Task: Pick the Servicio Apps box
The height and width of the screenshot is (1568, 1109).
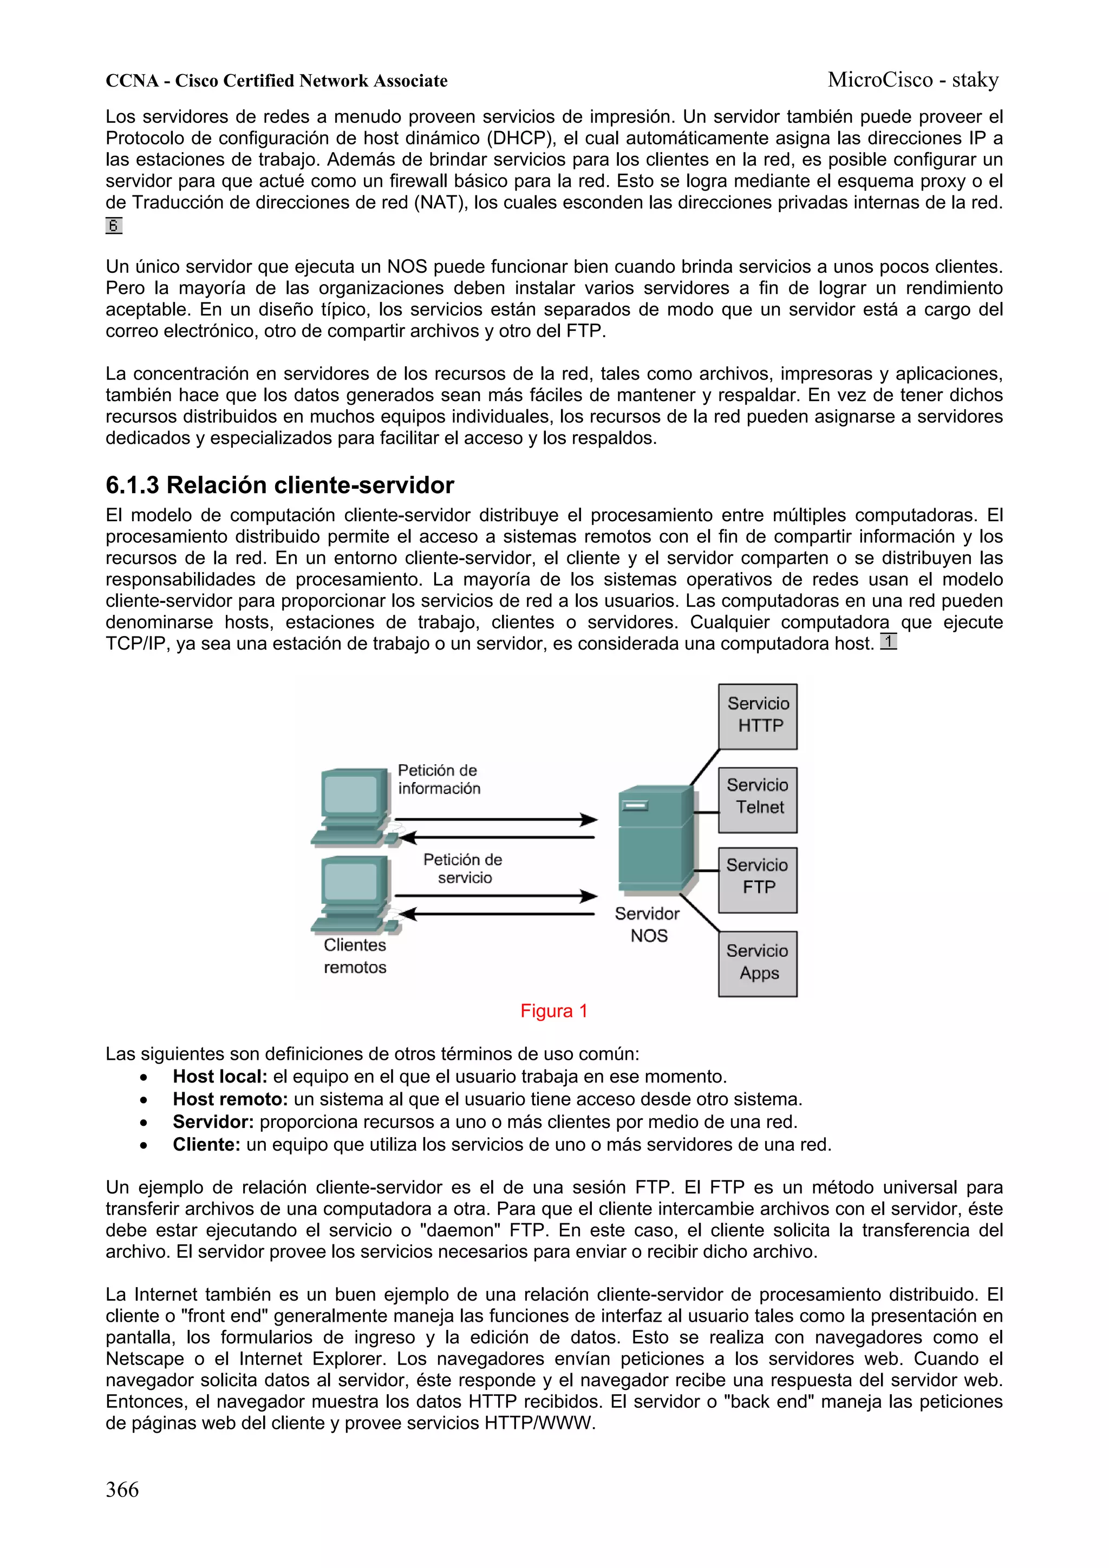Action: (757, 963)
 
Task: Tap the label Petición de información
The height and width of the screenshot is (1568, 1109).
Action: (439, 779)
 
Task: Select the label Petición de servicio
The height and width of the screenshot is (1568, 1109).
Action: (464, 868)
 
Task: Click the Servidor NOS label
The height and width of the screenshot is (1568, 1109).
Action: (647, 924)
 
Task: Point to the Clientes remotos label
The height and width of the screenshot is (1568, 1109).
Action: (355, 955)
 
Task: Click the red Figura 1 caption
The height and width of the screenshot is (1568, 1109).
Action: (553, 1011)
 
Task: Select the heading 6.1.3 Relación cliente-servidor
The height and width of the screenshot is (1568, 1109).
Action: (279, 485)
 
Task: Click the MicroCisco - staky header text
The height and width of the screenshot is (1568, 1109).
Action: (913, 80)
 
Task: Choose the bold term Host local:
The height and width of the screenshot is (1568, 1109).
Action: (219, 1077)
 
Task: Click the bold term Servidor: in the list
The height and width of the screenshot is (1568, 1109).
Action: (213, 1122)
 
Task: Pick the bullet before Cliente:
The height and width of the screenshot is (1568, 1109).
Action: (143, 1146)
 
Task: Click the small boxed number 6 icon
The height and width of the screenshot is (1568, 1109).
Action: (113, 225)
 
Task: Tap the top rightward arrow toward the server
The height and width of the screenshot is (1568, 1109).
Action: (495, 819)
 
